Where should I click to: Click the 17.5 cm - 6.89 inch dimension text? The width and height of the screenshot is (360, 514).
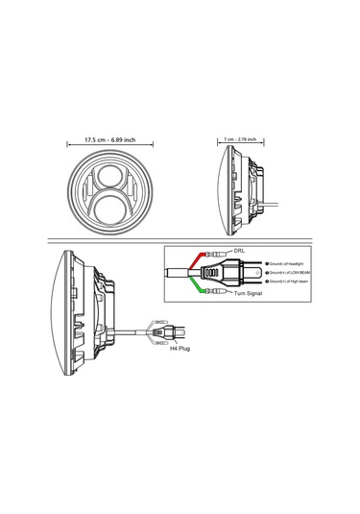[109, 139]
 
